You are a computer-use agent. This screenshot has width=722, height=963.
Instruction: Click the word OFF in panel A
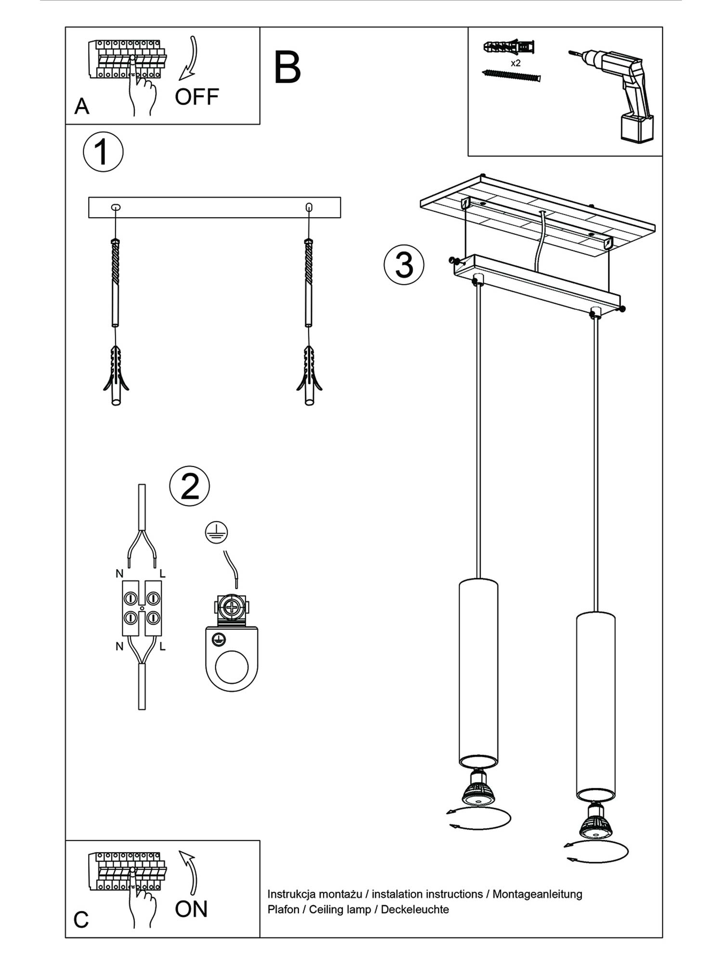(x=196, y=97)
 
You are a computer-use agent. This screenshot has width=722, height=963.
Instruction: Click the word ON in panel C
(x=191, y=909)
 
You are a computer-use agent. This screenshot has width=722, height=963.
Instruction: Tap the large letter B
(x=287, y=68)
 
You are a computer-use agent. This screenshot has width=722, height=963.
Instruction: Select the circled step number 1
(x=103, y=152)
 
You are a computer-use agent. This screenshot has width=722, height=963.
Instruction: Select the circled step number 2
(x=190, y=486)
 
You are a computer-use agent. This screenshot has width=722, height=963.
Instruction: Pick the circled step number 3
(x=404, y=265)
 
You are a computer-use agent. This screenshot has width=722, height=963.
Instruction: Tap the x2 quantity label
(x=516, y=63)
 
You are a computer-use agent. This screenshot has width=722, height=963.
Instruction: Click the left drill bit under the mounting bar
(x=116, y=282)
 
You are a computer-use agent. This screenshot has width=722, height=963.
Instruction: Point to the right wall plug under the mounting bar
(x=309, y=376)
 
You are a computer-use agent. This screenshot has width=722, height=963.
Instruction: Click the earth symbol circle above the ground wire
(x=216, y=532)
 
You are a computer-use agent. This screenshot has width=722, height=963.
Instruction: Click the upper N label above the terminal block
(x=119, y=573)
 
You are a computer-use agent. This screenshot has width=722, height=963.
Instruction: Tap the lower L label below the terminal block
(x=163, y=647)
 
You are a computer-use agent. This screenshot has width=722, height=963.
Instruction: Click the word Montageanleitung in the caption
(x=537, y=894)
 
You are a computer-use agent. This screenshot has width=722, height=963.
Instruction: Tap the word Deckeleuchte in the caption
(x=415, y=910)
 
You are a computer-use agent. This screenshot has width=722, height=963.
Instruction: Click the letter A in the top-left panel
(x=81, y=106)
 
